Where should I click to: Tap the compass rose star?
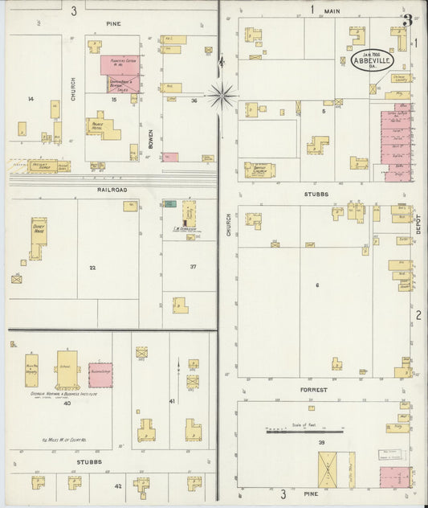click(221, 96)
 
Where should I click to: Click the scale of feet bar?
click(305, 432)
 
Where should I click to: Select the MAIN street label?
click(332, 10)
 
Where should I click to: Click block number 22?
click(92, 267)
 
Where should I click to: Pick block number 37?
click(192, 266)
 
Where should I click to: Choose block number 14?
click(30, 99)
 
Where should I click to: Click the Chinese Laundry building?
click(398, 78)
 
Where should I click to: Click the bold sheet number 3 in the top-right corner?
click(409, 20)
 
